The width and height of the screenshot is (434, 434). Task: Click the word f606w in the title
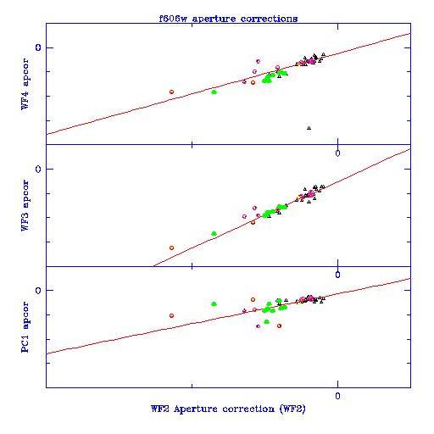click(173, 19)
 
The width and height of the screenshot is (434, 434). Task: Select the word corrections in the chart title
click(269, 19)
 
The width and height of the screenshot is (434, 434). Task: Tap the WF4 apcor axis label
click(25, 84)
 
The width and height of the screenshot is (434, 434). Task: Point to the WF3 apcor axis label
click(25, 205)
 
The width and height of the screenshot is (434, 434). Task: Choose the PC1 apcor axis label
click(25, 327)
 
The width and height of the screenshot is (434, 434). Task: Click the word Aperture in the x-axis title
click(196, 409)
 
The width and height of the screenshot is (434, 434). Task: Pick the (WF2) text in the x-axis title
click(292, 409)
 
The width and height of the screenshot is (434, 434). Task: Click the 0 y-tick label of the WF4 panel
click(38, 47)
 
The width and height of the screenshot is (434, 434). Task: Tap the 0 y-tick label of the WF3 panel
click(38, 170)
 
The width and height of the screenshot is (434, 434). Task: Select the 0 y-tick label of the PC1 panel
click(38, 291)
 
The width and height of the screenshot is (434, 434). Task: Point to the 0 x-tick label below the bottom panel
click(337, 396)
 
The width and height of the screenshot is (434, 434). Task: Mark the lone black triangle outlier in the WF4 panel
click(309, 128)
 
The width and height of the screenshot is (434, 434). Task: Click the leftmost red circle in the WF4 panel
click(171, 92)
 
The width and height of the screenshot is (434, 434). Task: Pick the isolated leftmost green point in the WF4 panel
click(214, 92)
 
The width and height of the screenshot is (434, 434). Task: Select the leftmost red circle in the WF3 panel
click(171, 248)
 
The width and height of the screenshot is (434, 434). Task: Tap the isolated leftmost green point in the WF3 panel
click(214, 234)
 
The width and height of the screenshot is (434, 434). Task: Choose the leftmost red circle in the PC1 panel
click(171, 315)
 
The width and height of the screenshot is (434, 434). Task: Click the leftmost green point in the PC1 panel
click(214, 304)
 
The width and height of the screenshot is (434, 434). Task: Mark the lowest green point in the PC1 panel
click(266, 321)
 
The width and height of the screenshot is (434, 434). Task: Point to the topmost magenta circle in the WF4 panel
click(258, 61)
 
